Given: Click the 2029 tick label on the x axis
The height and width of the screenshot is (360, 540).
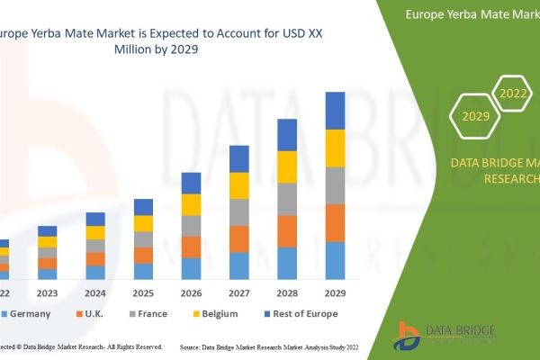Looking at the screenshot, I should pos(335,292).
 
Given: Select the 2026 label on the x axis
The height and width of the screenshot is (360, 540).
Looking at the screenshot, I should pos(191,292).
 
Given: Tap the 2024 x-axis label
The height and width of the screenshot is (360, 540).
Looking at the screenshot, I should pos(95,292).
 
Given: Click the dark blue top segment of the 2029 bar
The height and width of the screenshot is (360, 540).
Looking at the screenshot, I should pos(335,111).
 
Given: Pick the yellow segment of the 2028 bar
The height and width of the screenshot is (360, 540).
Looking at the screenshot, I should pos(287,166).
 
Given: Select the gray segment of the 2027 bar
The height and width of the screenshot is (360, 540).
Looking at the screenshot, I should pos(239,212).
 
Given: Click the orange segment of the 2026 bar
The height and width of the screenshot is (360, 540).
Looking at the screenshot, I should pos(191,247).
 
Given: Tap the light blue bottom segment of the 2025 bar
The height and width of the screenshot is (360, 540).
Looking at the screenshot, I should pos(143,271).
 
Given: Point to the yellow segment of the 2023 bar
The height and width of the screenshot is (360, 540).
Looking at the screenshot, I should pos(47,241).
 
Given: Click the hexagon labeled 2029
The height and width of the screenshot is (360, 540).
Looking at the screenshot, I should pos(475,116).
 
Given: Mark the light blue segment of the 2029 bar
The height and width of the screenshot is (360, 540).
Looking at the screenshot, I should pos(335,261).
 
